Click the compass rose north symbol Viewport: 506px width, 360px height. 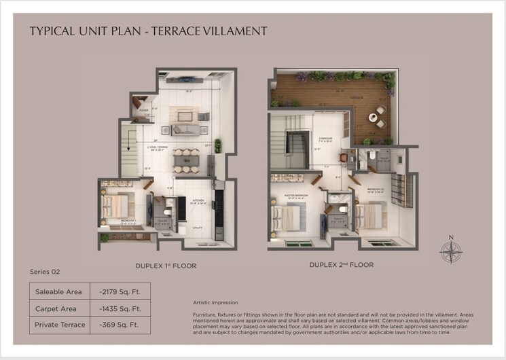(450, 249)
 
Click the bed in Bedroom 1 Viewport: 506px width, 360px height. (115, 206)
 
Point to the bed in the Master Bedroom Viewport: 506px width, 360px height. (286, 217)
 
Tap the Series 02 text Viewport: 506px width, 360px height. (45, 272)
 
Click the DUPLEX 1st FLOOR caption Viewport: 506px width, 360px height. (165, 266)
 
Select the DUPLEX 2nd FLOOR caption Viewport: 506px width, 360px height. (341, 264)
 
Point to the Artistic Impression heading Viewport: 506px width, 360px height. (216, 302)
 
